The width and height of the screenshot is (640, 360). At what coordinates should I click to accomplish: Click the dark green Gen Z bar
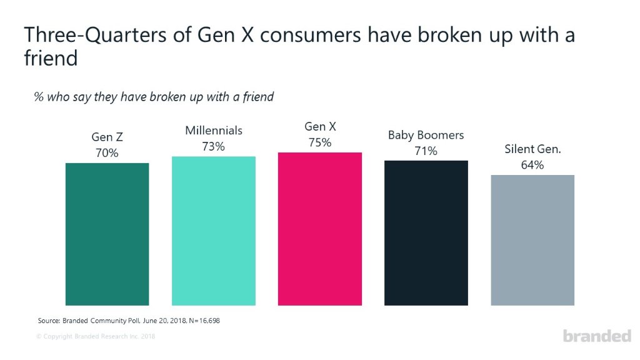tap(107, 234)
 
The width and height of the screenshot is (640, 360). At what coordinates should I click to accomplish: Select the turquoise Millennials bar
tap(214, 231)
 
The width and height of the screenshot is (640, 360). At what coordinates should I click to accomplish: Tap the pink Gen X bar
tap(320, 229)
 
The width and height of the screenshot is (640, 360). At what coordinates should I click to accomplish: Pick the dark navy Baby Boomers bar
tap(426, 232)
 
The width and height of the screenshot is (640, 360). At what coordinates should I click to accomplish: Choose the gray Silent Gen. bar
tap(532, 240)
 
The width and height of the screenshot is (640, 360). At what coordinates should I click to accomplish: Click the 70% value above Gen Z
tap(107, 152)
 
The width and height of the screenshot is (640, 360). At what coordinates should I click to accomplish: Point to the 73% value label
tap(214, 146)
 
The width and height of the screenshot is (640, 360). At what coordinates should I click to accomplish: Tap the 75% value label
tap(320, 142)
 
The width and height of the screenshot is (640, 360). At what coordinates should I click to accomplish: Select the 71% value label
tap(426, 151)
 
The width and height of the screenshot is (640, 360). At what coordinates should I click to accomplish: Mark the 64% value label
tap(532, 165)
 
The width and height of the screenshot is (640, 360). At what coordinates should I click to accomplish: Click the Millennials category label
tap(214, 131)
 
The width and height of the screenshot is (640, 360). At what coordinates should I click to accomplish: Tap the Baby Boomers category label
tap(426, 136)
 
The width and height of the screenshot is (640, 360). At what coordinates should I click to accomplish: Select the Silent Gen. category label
tap(532, 150)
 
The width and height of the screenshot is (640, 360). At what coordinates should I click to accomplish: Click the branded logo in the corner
tap(597, 336)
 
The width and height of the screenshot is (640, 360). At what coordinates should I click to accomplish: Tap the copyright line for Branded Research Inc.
tap(96, 337)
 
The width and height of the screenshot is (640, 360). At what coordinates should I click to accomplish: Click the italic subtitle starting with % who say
tap(154, 97)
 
